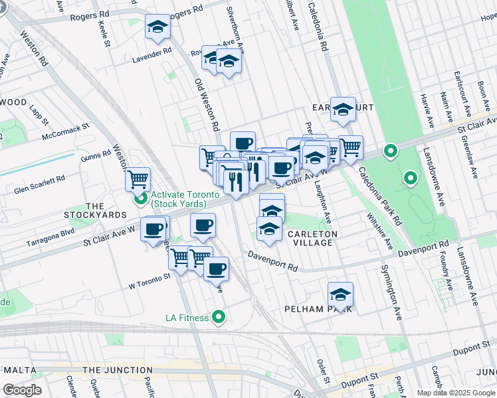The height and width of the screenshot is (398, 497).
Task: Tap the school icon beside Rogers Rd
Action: [157, 27]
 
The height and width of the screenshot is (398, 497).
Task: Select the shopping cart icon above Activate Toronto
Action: [138, 178]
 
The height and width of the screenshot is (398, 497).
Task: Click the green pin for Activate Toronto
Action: [140, 198]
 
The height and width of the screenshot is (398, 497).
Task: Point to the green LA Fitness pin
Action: [217, 317]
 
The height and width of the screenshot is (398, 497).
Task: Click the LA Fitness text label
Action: [187, 318]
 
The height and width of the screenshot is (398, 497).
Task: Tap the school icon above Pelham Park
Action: [340, 293]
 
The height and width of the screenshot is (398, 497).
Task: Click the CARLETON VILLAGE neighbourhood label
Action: [312, 239]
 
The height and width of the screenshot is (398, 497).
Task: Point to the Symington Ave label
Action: [391, 293]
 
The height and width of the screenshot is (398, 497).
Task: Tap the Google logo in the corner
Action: [22, 390]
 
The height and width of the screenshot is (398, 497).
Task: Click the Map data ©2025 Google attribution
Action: [455, 393]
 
